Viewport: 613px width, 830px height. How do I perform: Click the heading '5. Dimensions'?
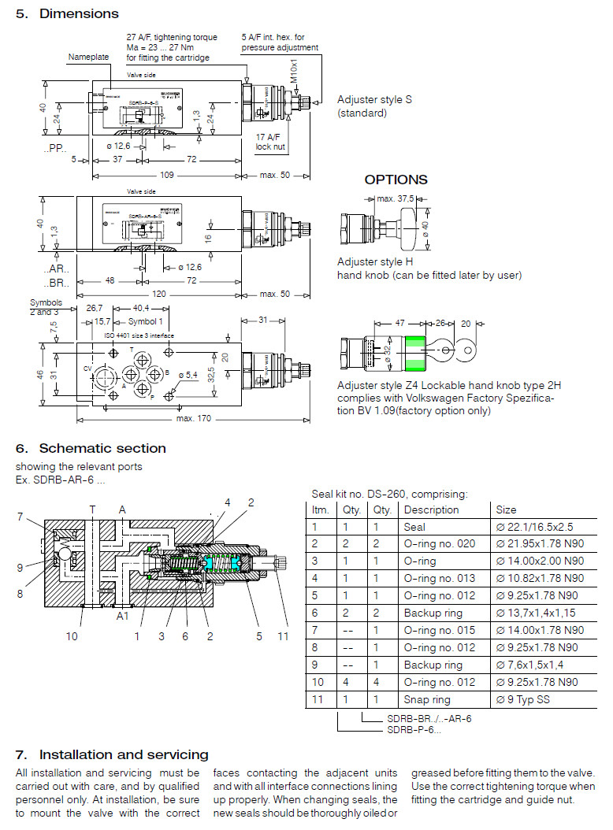point(67,13)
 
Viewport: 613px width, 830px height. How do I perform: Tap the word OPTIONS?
point(396,180)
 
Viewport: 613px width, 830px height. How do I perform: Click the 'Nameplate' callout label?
point(87,57)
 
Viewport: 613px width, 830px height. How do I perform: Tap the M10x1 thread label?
point(293,73)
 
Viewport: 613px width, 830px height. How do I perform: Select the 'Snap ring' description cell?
point(427,699)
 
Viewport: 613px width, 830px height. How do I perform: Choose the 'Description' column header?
point(431,509)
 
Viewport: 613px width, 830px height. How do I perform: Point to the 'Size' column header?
point(506,509)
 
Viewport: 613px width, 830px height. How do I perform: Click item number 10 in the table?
point(318,682)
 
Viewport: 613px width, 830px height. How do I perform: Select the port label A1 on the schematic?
point(122,616)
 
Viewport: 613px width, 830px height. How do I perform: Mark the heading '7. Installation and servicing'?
point(112,754)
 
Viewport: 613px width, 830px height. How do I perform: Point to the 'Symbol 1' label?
point(144,321)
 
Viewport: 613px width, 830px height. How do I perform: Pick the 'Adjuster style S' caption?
point(374,99)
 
